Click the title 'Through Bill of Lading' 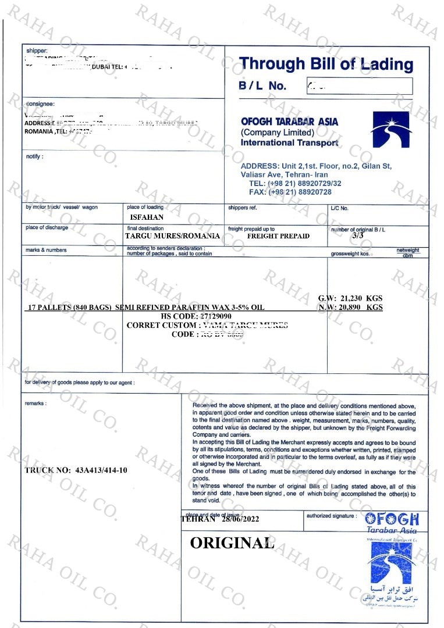pyautogui.click(x=326, y=64)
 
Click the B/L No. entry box pyautogui.click(x=359, y=86)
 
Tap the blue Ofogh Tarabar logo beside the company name pyautogui.click(x=390, y=130)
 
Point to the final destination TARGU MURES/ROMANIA pyautogui.click(x=172, y=236)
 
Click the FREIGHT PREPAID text pyautogui.click(x=278, y=236)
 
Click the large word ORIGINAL pyautogui.click(x=232, y=543)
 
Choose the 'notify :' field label pyautogui.click(x=34, y=156)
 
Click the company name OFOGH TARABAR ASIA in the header pyautogui.click(x=289, y=122)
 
